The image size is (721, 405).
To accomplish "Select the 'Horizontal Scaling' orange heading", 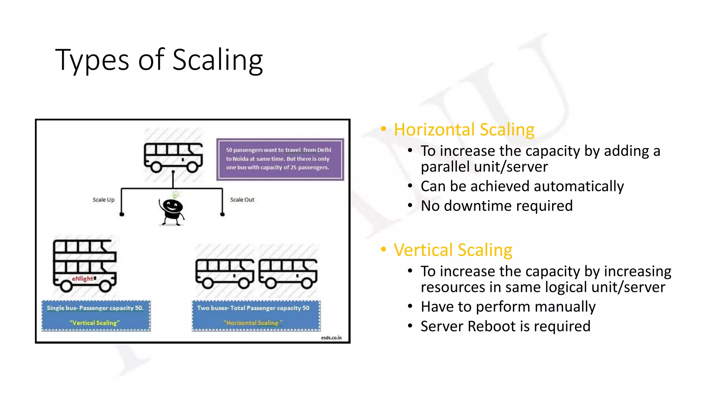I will click(464, 130).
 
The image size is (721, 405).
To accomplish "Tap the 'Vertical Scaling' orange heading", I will click(453, 250).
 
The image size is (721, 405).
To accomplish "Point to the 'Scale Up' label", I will click(104, 200).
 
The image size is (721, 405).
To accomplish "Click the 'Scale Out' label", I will click(242, 200).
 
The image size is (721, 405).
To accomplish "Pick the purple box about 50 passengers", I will click(280, 159).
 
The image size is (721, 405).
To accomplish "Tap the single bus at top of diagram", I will click(173, 157).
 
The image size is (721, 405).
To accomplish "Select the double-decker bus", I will click(84, 265).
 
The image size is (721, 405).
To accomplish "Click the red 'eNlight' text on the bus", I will click(83, 278).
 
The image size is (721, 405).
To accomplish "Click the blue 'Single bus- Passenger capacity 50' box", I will click(96, 315).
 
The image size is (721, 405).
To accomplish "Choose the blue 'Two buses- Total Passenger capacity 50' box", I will click(256, 315).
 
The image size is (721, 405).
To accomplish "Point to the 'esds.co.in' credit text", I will click(331, 338).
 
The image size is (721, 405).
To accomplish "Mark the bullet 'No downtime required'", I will click(496, 206).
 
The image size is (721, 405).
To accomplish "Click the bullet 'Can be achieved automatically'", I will click(522, 186).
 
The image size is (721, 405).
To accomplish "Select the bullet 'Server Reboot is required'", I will click(505, 326).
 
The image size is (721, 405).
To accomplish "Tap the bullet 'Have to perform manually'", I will click(508, 307).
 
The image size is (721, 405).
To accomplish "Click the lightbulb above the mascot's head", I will click(175, 195).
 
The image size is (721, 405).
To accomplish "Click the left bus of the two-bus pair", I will click(225, 274).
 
